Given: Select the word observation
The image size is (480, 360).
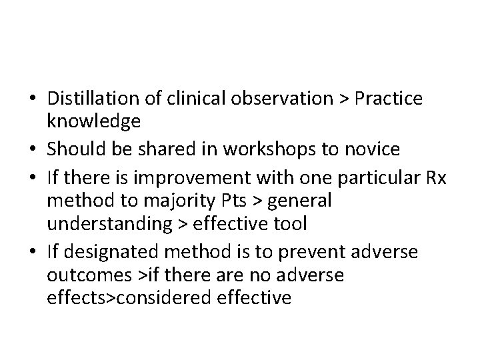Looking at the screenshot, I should tap(283, 99).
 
